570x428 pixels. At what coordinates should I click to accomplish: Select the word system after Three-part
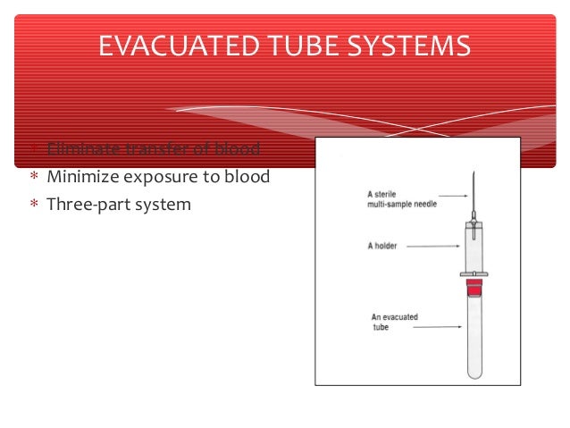coord(162,204)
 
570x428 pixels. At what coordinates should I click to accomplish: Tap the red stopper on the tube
coord(474,287)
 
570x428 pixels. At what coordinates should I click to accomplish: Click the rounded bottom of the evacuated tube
coord(474,373)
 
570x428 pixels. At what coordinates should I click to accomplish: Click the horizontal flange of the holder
coord(474,273)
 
